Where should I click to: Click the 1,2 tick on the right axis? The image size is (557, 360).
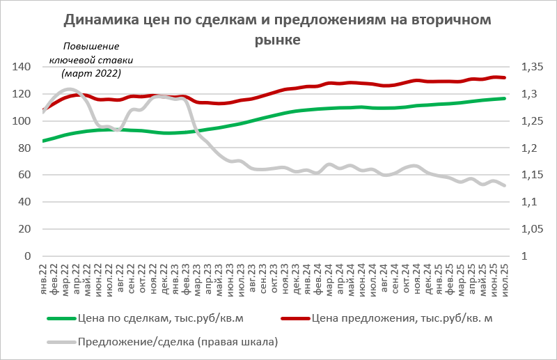pos(528,148)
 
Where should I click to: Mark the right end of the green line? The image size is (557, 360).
pos(505,98)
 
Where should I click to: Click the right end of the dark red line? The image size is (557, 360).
pos(505,77)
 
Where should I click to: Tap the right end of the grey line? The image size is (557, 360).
pos(505,185)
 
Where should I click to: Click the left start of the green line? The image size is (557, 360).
pos(44,141)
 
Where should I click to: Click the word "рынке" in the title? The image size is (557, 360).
pos(278,40)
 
